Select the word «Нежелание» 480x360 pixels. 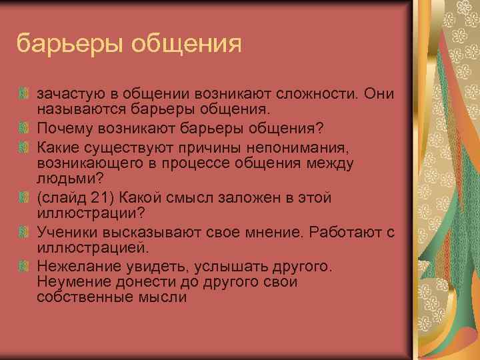click(73, 267)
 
